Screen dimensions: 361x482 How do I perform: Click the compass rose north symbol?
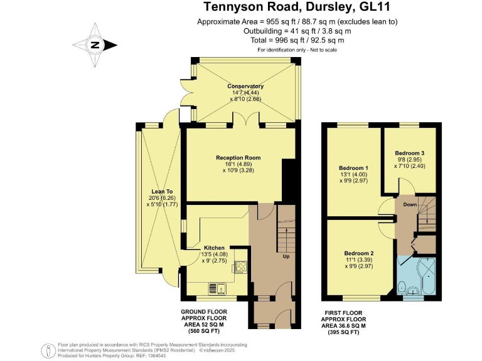(95, 44)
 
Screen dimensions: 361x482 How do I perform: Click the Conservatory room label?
(245, 86)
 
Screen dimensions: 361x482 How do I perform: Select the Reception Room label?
(238, 157)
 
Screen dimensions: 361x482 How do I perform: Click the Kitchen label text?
(214, 248)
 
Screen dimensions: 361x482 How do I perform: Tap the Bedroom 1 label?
(353, 168)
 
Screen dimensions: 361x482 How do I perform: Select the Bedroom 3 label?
(409, 153)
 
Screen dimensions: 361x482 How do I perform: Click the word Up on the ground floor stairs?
(286, 257)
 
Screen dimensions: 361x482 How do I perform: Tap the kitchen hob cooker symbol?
(240, 268)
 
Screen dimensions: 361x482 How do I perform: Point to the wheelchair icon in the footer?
(46, 349)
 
